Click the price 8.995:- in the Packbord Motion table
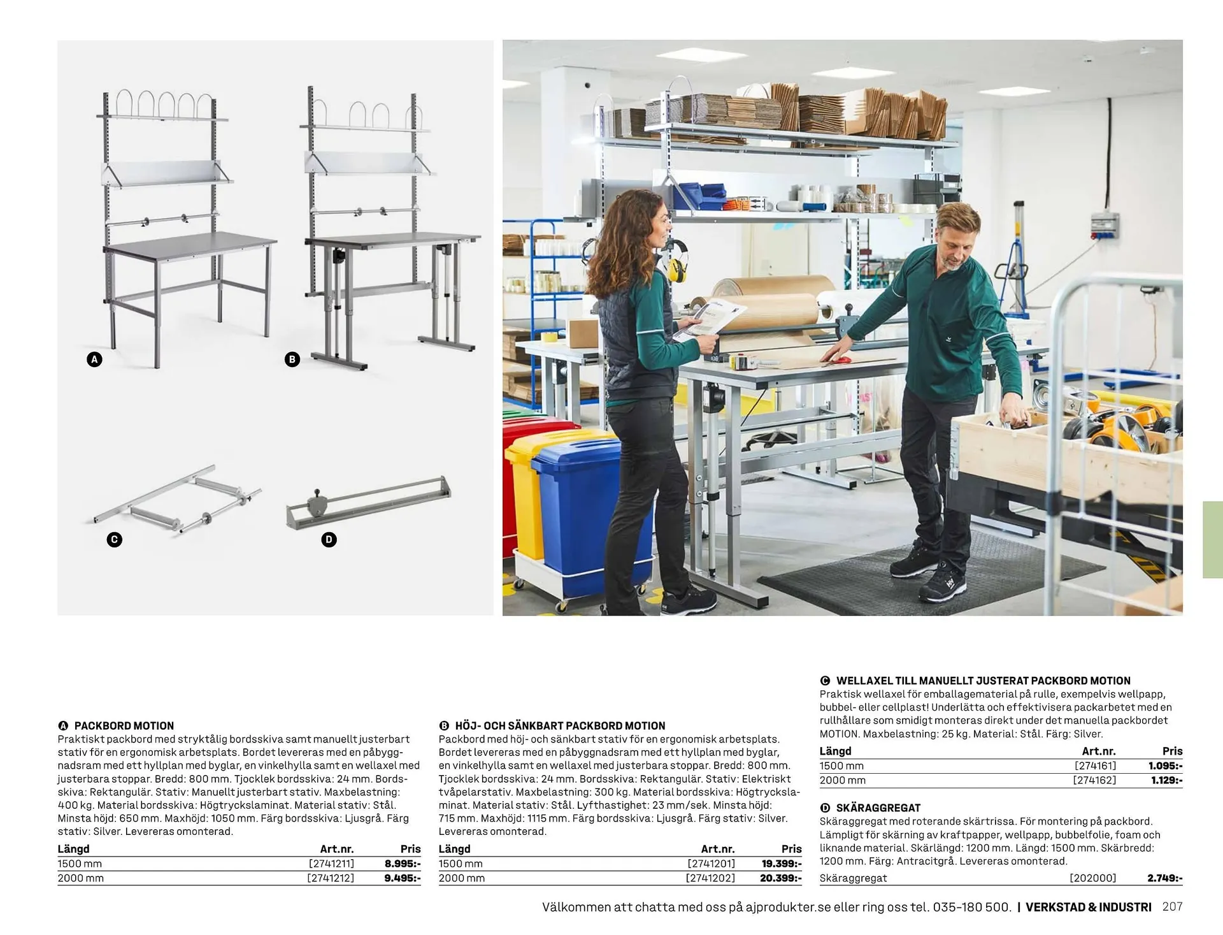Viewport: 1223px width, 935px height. [x=402, y=864]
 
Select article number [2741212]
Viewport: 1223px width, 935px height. [x=330, y=878]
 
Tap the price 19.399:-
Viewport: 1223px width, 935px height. [x=782, y=864]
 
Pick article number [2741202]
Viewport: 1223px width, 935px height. [x=710, y=878]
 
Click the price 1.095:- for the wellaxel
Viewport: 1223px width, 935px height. [x=1165, y=766]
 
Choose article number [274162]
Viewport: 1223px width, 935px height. [x=1094, y=780]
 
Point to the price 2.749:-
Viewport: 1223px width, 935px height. [x=1164, y=878]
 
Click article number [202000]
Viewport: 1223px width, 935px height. [x=1092, y=878]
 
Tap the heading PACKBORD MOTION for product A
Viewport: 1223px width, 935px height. [x=124, y=725]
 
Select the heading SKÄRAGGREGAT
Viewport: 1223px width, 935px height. [x=878, y=808]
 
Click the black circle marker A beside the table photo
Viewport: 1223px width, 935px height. [x=94, y=359]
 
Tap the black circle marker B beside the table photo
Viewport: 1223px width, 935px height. [x=292, y=359]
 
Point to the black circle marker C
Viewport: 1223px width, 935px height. [x=115, y=540]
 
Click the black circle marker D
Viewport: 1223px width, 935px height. [x=329, y=540]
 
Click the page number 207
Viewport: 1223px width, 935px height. [x=1172, y=906]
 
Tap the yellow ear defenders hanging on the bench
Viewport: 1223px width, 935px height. [x=676, y=261]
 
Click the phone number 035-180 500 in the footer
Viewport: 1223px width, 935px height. [x=971, y=907]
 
